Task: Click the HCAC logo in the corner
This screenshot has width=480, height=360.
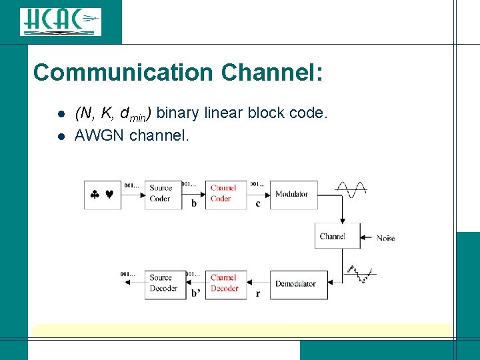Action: coord(60,21)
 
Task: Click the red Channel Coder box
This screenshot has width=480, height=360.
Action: coord(225,194)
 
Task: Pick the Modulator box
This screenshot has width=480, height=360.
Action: coord(293,194)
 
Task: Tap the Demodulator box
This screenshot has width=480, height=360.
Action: coord(298,284)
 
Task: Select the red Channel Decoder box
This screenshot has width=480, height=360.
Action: coord(225,284)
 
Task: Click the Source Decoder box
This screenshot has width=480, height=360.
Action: coord(163,284)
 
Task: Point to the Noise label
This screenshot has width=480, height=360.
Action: coord(385,238)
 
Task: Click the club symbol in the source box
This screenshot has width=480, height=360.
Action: coord(95,195)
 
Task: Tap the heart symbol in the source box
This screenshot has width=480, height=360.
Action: coord(109,195)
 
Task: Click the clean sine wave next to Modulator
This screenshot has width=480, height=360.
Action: coord(351,189)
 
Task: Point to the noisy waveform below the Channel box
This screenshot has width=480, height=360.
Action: coord(360,273)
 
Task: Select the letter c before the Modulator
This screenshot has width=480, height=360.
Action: coord(258,203)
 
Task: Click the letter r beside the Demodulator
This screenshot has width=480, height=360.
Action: coord(257,293)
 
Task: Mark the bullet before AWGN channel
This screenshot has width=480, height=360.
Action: coord(60,137)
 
